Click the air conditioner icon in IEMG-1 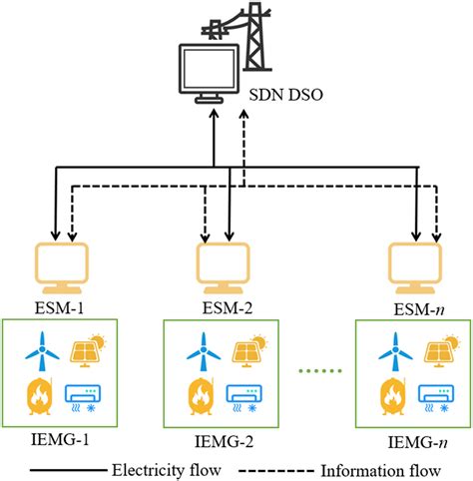coord(86,396)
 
